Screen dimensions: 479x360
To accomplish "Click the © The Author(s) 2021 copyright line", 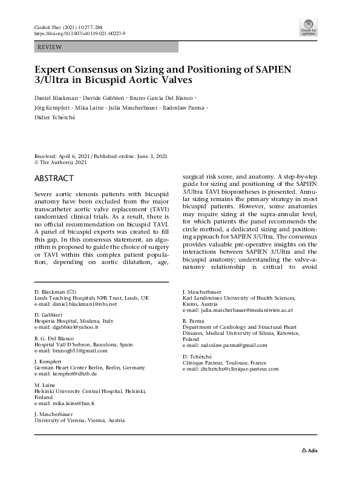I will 61,163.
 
